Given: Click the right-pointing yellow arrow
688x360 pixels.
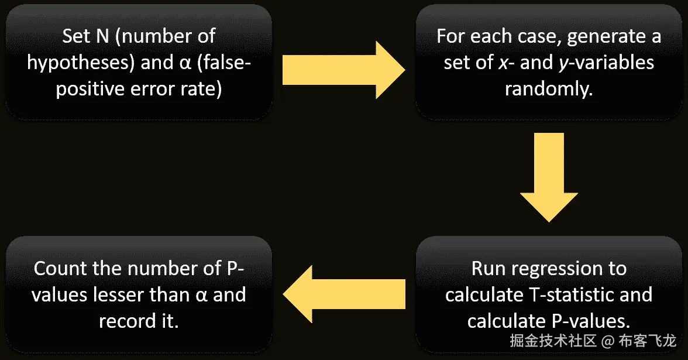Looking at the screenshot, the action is point(344,70).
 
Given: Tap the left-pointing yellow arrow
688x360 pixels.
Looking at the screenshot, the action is point(344,293).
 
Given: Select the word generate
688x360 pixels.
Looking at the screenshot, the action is point(600,36).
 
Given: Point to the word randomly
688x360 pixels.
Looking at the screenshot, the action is point(548,90).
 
